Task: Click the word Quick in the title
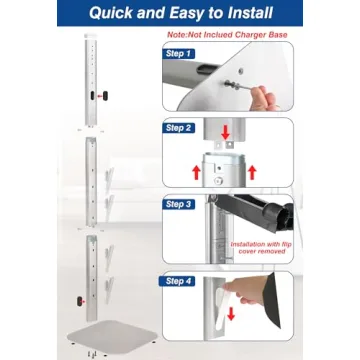117,14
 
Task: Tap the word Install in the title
247,14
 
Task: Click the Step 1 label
181,52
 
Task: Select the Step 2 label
181,128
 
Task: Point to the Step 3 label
181,204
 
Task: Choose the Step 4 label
181,281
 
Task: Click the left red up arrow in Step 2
195,172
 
